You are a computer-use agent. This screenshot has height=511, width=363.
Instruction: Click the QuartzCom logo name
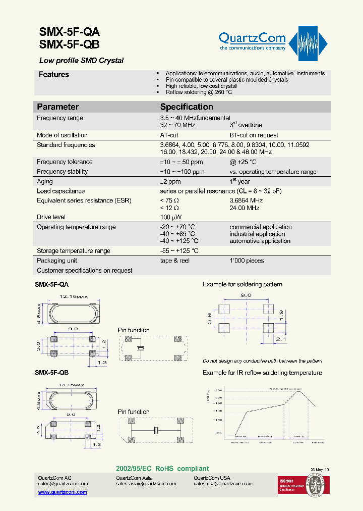click(x=252, y=38)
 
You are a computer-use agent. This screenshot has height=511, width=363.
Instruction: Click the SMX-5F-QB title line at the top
click(x=70, y=44)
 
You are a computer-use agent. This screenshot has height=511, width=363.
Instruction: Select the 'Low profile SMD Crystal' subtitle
click(x=81, y=61)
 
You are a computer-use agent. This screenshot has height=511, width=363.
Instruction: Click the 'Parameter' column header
click(x=58, y=107)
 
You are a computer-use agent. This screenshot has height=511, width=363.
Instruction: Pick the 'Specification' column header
click(x=187, y=107)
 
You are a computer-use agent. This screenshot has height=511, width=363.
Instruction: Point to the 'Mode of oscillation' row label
click(x=62, y=135)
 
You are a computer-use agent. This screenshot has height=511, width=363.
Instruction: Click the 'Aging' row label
click(x=45, y=181)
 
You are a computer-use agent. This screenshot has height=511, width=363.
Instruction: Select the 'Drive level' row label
click(x=51, y=217)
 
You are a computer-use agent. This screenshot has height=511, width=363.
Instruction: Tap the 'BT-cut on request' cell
click(x=254, y=135)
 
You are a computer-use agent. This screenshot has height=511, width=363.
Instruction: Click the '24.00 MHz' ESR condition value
click(x=245, y=208)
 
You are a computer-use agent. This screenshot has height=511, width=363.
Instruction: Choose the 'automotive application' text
click(x=260, y=241)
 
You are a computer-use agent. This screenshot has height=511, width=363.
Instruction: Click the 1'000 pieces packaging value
click(x=247, y=261)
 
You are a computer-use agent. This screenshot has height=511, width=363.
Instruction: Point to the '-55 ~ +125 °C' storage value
click(x=179, y=251)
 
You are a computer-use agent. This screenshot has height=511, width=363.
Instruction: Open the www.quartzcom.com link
click(x=63, y=492)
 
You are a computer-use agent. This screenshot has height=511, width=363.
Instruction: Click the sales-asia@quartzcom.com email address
click(x=146, y=484)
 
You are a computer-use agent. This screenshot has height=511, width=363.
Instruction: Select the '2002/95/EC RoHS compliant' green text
click(x=162, y=469)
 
